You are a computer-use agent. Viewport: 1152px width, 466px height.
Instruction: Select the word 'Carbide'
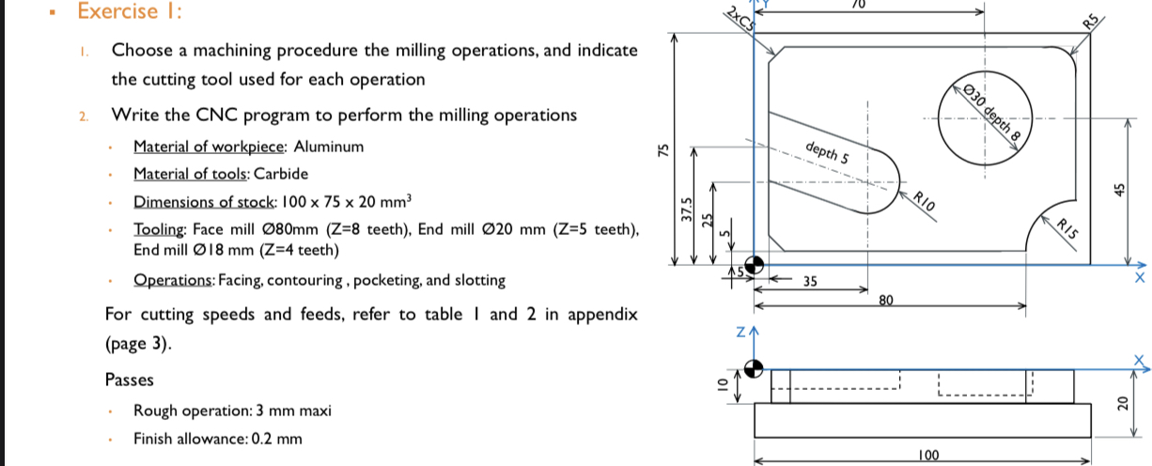[281, 174]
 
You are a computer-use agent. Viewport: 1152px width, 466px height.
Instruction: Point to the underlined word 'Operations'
[173, 280]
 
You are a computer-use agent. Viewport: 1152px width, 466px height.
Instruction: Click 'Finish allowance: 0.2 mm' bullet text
[218, 438]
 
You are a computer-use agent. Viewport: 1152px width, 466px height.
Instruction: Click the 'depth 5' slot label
[827, 151]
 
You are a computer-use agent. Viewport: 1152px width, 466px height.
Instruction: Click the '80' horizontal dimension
[884, 301]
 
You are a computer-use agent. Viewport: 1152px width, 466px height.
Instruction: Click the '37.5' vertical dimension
[686, 206]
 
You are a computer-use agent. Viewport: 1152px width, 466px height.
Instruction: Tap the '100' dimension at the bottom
[929, 456]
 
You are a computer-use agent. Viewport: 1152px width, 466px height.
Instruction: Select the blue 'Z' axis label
[739, 333]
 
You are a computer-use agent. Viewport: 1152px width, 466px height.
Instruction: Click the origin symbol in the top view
[753, 265]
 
